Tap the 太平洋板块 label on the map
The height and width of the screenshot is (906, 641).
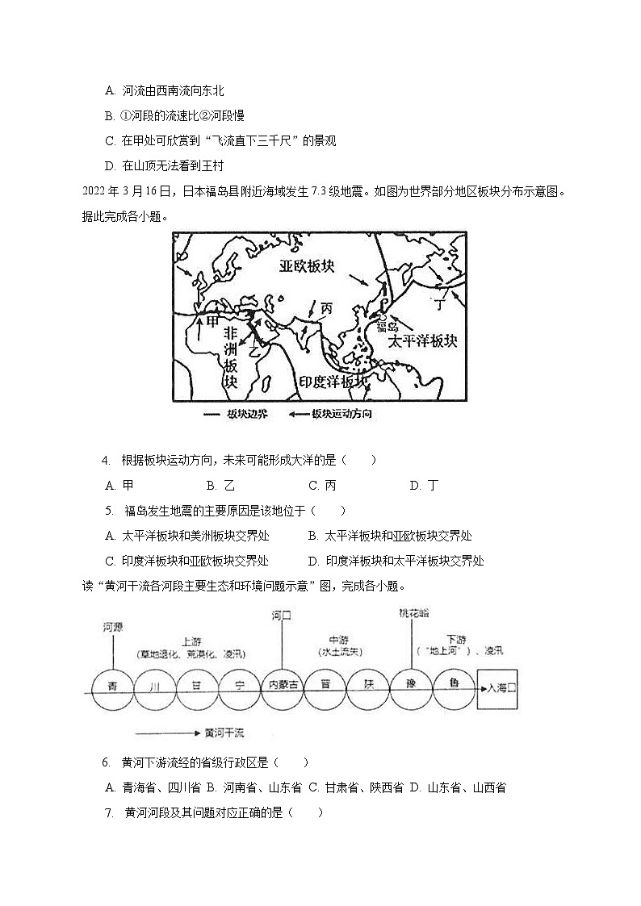coord(422,341)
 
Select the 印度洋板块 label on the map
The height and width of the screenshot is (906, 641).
coord(333,381)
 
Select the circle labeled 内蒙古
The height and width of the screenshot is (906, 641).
coord(283,688)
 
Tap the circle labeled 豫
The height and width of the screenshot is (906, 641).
coord(411,688)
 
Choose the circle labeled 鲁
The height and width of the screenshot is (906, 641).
coord(454,688)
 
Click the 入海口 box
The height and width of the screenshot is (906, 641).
coord(497,688)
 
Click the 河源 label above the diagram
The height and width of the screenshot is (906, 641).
coord(113,626)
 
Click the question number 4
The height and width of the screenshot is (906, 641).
coord(106,460)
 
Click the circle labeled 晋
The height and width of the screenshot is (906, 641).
coord(325,688)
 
